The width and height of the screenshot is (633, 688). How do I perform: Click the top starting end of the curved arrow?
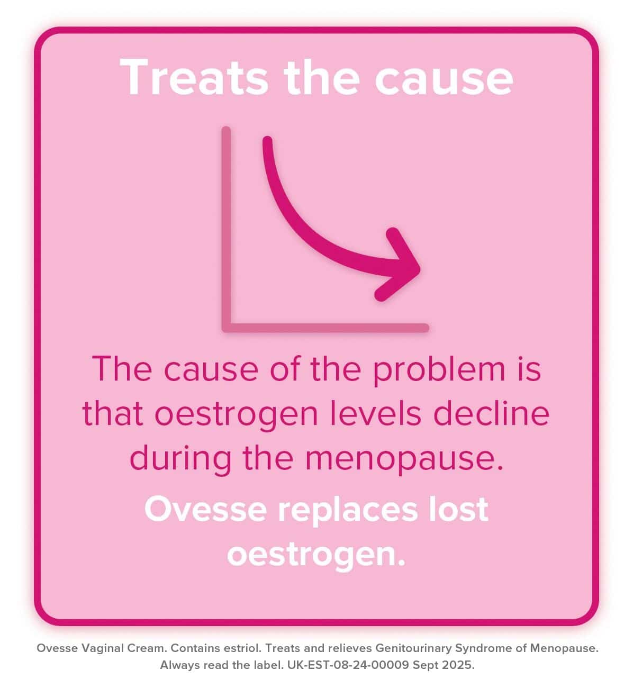(268, 142)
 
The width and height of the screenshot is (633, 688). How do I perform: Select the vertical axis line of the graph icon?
(227, 228)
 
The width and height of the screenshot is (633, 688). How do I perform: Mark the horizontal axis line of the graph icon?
(325, 328)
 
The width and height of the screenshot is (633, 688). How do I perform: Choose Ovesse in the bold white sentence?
(205, 509)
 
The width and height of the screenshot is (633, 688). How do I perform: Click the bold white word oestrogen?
(316, 554)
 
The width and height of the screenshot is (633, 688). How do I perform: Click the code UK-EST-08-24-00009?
(349, 665)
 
